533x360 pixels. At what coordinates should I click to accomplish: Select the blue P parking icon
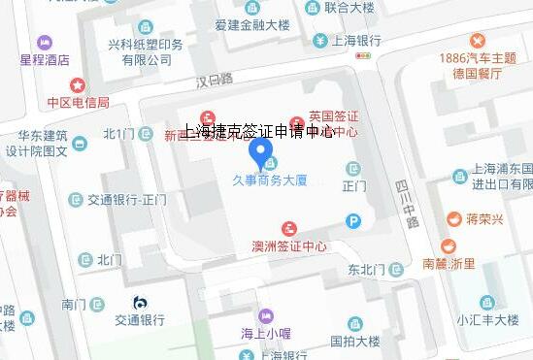[x=354, y=221]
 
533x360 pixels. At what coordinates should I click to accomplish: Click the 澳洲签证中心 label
[x=289, y=246]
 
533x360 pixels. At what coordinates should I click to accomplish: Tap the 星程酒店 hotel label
[x=46, y=59]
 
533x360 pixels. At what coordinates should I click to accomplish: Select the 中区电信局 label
[x=78, y=102]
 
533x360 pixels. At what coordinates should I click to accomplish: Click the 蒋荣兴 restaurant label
[x=483, y=218]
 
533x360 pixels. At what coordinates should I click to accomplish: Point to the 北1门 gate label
[x=118, y=133]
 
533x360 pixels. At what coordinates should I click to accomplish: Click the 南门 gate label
[x=75, y=304]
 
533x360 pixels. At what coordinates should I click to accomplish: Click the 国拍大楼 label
[x=354, y=342]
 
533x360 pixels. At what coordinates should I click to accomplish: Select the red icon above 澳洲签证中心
[x=289, y=229]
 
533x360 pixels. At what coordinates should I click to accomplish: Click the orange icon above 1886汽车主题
[x=478, y=41]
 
